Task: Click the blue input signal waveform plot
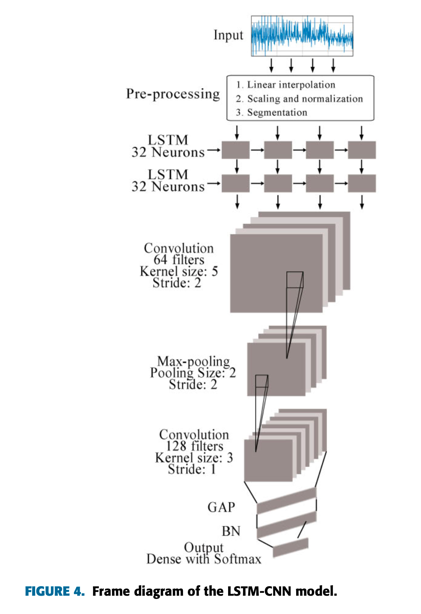click(x=302, y=36)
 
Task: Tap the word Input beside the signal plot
click(x=228, y=35)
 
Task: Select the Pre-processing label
click(x=173, y=94)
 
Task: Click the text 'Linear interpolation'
click(x=291, y=85)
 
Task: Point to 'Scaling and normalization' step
click(x=305, y=99)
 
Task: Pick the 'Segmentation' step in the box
click(x=277, y=112)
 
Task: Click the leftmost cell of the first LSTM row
click(x=236, y=150)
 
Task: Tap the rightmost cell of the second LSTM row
click(x=362, y=183)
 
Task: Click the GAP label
click(x=221, y=507)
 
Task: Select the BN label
click(x=231, y=531)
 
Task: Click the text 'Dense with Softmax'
click(x=204, y=559)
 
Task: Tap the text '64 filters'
click(x=179, y=260)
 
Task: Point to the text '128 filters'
click(x=194, y=446)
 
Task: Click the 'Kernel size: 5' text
click(x=179, y=271)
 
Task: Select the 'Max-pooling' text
click(x=193, y=361)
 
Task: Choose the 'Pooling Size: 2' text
click(x=193, y=373)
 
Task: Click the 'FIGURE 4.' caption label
click(x=55, y=591)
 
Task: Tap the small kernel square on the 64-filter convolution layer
click(x=295, y=280)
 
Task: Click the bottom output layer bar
click(x=291, y=547)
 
